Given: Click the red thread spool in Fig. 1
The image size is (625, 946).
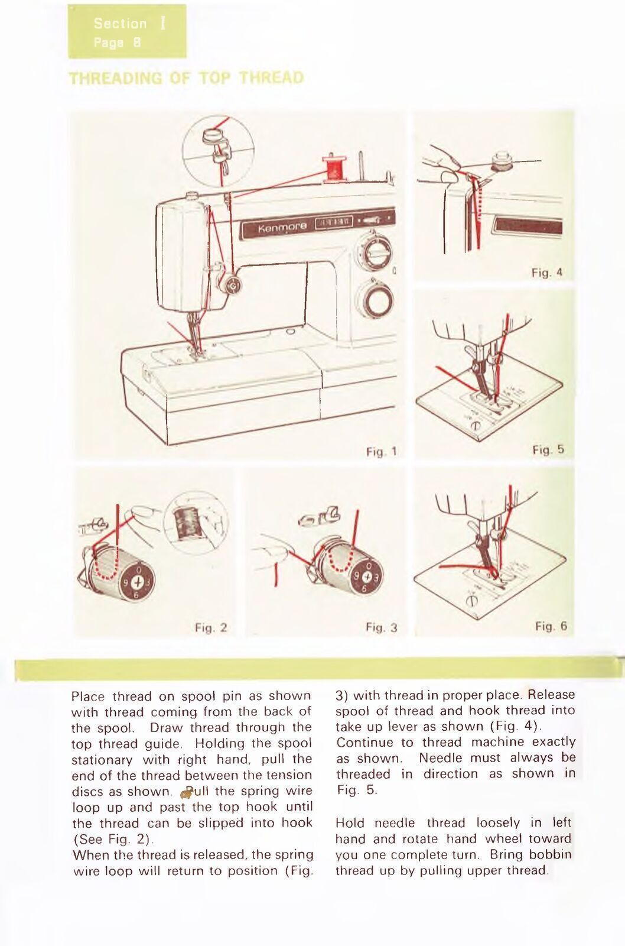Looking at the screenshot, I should coord(334,167).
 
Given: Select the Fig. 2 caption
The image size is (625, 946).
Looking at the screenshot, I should coord(211,627).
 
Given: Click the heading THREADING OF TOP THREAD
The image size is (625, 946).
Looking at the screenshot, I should coord(187,78).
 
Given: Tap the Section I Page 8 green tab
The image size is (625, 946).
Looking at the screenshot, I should coord(127,32).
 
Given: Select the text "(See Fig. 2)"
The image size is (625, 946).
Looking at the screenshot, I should coord(112,839).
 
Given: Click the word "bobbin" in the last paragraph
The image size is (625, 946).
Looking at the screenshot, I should coord(551,854).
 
